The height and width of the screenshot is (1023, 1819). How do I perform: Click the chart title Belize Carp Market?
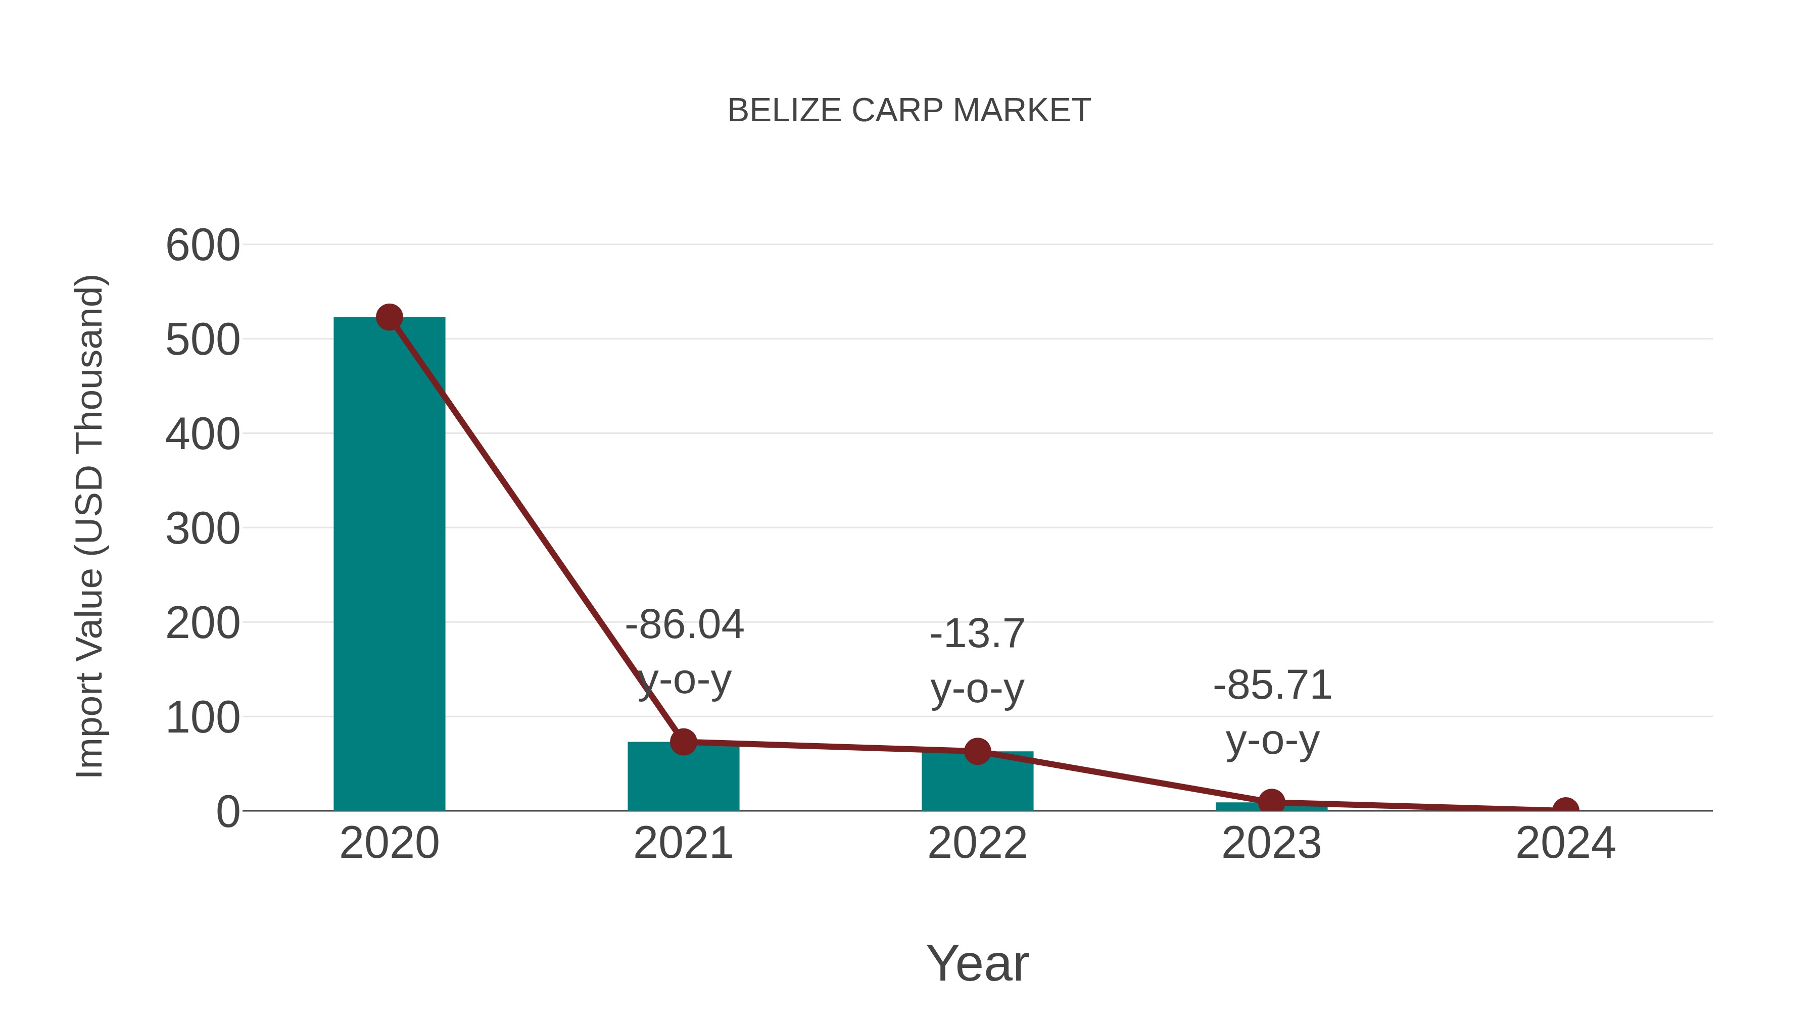pos(909,111)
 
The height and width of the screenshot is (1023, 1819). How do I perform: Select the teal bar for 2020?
pos(389,565)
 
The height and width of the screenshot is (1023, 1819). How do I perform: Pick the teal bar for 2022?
pos(977,784)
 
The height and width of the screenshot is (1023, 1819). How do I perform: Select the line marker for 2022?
pos(977,751)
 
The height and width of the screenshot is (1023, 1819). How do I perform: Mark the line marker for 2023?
pos(1271,801)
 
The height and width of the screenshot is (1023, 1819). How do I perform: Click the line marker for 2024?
pos(1565,809)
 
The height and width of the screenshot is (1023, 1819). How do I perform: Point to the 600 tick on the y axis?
pos(203,247)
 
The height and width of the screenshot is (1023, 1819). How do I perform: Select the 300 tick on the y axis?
pos(203,529)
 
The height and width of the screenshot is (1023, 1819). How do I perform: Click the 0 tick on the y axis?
pos(228,812)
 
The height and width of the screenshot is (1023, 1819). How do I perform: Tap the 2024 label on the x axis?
pos(1565,843)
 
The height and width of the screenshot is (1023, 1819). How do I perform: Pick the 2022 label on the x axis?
pos(977,843)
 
